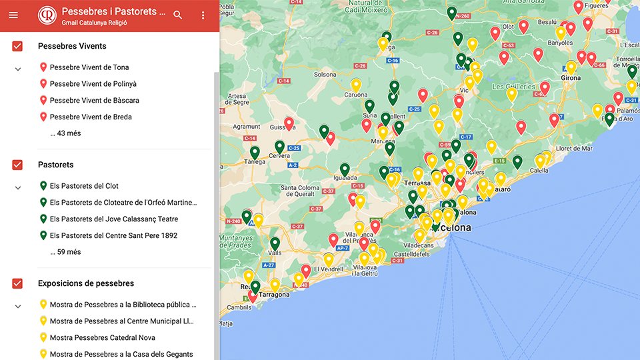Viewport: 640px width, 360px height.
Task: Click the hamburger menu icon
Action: (13, 15)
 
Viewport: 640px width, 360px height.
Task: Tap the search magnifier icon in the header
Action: (177, 15)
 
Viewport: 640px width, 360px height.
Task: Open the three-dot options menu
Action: (203, 15)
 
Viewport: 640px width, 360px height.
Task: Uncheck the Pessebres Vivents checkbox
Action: (17, 46)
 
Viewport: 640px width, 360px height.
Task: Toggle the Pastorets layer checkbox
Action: (17, 165)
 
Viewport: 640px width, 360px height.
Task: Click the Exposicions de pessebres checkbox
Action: (17, 283)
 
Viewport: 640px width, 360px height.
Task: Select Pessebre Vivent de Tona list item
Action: (89, 67)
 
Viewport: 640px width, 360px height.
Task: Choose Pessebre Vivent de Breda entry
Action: (91, 117)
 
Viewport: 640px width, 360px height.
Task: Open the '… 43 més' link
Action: (65, 133)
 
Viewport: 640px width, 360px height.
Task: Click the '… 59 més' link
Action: (65, 252)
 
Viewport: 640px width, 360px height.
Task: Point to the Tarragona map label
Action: (273, 295)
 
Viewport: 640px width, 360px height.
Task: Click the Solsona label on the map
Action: (325, 74)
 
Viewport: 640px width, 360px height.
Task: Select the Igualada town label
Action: (347, 179)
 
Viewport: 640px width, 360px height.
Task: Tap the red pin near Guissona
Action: (289, 123)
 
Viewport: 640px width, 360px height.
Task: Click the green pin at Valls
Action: (275, 243)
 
